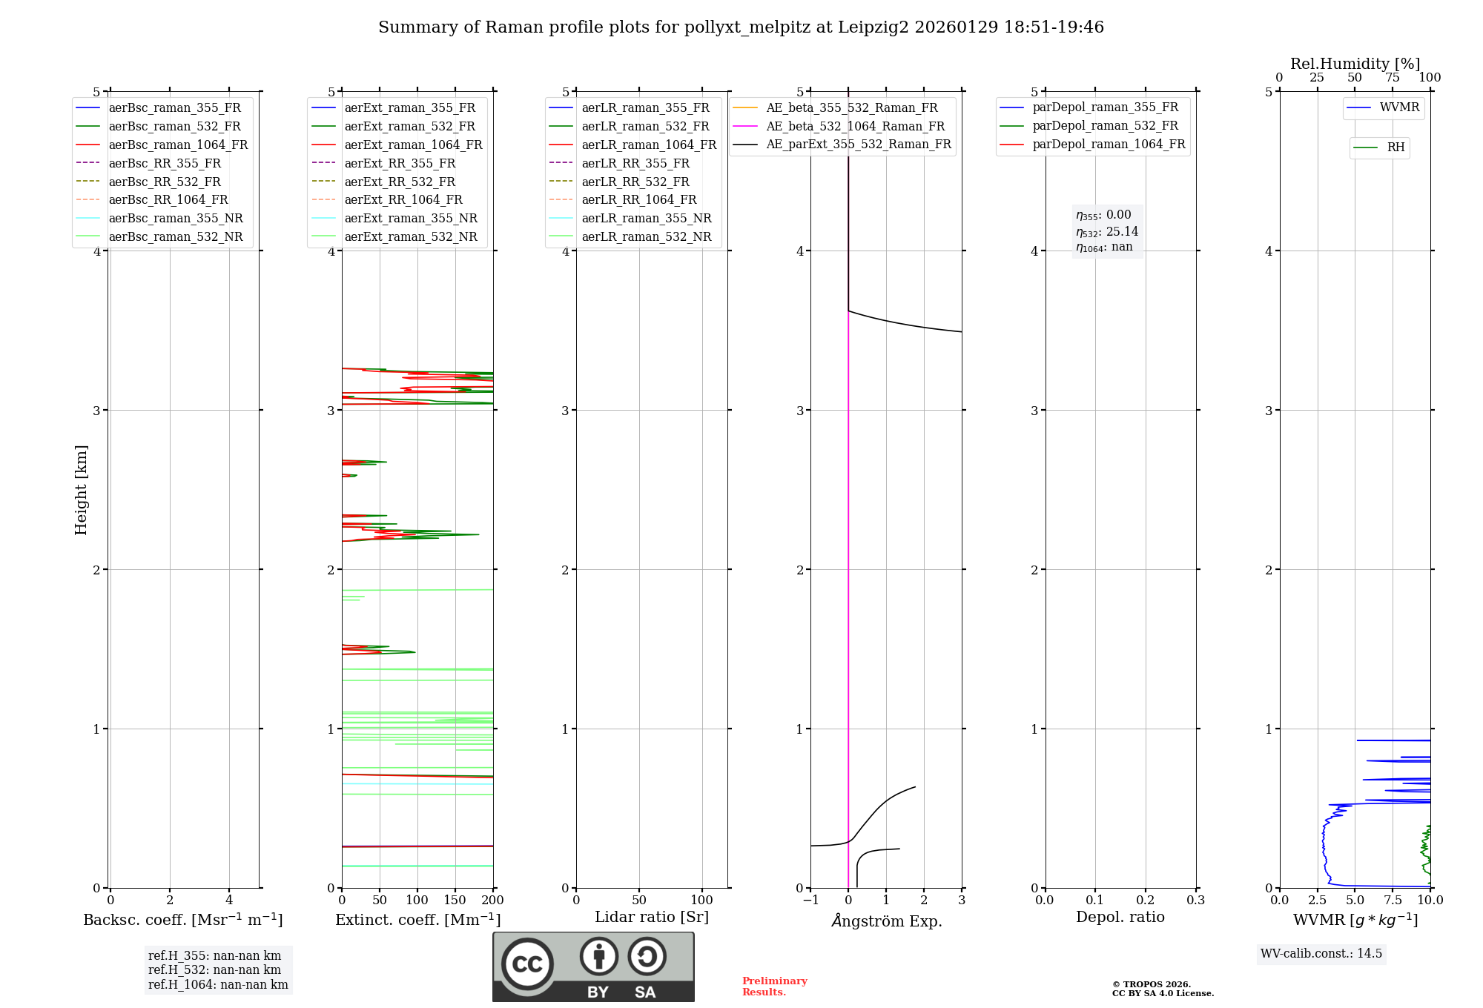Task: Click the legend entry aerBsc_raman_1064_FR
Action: [x=178, y=145]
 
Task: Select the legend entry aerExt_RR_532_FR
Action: [x=400, y=182]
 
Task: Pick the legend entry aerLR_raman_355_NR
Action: [x=646, y=219]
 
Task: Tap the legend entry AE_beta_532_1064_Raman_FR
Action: [x=855, y=127]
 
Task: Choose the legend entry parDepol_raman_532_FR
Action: [x=1105, y=126]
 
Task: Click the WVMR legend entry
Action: [x=1399, y=107]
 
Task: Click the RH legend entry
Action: [x=1396, y=147]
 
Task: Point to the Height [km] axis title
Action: [x=82, y=490]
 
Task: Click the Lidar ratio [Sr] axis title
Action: [x=652, y=917]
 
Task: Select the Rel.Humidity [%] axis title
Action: [x=1355, y=64]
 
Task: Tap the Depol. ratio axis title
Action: [x=1120, y=917]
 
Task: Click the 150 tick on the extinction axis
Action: [x=455, y=901]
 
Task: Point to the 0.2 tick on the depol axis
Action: [x=1146, y=901]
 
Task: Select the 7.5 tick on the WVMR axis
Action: [x=1393, y=901]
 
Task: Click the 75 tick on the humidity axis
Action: [x=1393, y=78]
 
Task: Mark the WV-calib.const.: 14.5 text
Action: [x=1321, y=953]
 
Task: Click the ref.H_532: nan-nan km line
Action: [x=214, y=970]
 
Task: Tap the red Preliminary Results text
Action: [x=774, y=987]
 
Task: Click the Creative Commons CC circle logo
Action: [x=527, y=964]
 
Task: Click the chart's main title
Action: [x=741, y=27]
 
